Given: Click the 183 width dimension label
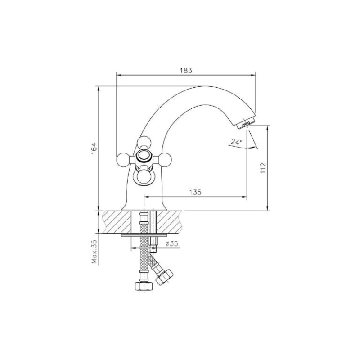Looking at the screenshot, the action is [x=186, y=70].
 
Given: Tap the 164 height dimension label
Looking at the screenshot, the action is [x=94, y=148].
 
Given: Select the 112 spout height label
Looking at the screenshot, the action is [x=263, y=168].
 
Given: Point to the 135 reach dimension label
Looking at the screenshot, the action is [x=195, y=192].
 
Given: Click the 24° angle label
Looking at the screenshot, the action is [x=237, y=142].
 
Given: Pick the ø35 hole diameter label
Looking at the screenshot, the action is [x=172, y=243].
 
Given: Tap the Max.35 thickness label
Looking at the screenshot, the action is [x=94, y=252].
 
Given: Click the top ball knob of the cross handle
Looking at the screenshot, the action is [x=144, y=142].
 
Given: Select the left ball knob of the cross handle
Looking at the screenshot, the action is [x=123, y=159].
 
